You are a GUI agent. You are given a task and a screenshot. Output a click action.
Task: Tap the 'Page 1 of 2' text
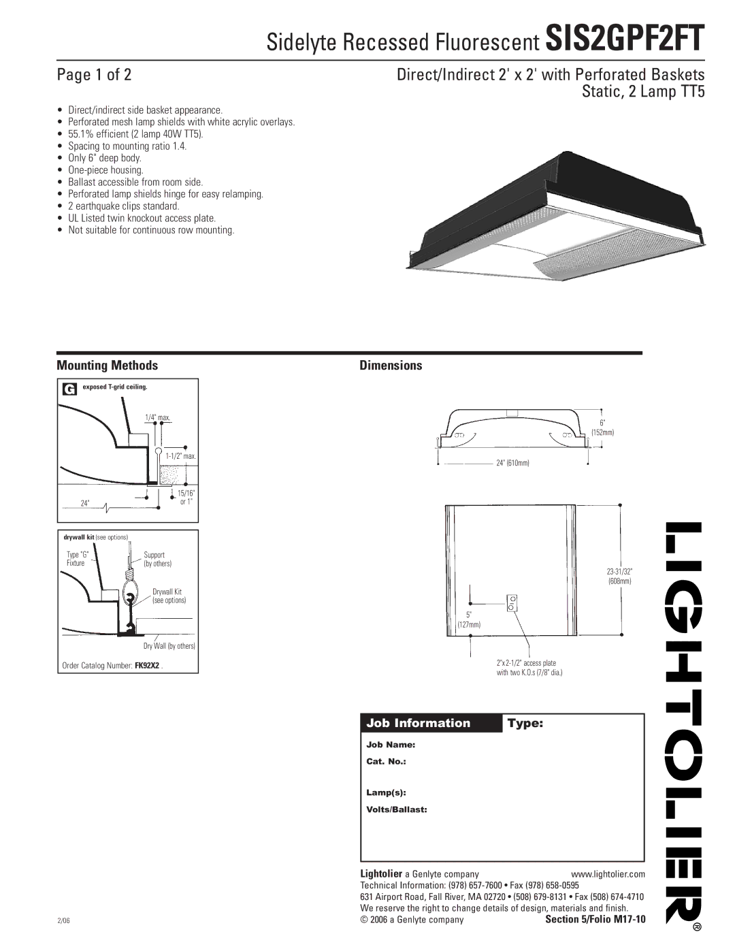94,74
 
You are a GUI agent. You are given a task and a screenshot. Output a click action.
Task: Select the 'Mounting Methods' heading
107,366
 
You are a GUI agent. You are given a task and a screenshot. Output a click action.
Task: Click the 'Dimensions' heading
391,366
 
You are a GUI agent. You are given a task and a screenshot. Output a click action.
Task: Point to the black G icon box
69,389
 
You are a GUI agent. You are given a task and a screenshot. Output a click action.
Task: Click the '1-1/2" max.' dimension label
181,456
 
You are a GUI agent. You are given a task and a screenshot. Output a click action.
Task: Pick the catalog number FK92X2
147,665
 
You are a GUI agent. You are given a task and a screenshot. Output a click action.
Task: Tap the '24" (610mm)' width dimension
512,463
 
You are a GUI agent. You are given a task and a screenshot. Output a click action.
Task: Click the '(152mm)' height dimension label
602,433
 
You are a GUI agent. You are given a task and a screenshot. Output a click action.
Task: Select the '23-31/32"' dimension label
619,571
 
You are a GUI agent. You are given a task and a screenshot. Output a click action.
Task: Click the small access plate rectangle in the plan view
512,603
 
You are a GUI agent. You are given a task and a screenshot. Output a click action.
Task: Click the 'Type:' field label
525,724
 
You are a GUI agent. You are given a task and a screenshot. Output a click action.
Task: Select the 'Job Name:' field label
391,745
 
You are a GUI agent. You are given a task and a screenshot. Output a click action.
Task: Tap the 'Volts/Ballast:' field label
397,809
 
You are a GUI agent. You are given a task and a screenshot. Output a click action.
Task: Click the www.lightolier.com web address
607,874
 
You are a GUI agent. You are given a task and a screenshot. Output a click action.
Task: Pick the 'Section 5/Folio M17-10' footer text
595,920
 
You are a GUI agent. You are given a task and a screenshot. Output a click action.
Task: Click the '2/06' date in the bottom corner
65,920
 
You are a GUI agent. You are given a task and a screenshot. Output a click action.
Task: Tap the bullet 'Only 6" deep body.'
105,158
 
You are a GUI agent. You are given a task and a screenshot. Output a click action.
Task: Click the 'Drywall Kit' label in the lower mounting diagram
167,592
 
